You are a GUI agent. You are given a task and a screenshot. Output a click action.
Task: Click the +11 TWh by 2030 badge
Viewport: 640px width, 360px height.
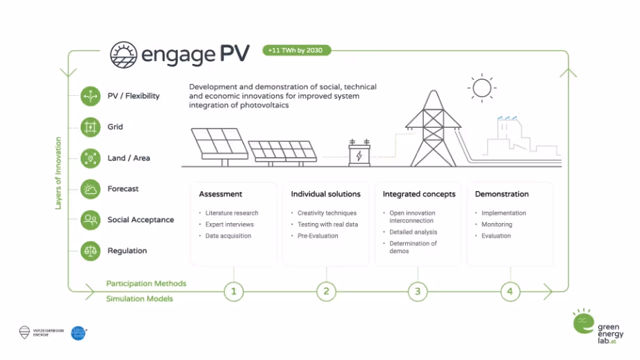(296, 51)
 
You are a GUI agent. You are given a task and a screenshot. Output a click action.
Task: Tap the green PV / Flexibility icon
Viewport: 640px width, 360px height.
(90, 96)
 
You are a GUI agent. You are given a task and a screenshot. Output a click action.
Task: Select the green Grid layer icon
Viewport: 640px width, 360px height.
(90, 127)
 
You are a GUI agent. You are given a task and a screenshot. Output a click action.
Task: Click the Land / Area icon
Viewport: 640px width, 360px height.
(90, 158)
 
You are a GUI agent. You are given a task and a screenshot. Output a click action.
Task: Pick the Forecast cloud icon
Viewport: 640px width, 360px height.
(90, 188)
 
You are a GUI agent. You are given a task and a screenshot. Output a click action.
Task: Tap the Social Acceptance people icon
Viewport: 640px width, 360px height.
(90, 220)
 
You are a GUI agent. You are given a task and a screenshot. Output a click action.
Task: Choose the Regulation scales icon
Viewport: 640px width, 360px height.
(90, 250)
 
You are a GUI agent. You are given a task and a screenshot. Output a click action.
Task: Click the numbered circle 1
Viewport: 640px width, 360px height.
(233, 291)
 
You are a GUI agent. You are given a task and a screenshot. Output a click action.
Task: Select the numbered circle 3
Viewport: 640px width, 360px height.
(418, 291)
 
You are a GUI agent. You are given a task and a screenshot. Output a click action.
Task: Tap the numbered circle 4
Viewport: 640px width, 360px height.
(509, 291)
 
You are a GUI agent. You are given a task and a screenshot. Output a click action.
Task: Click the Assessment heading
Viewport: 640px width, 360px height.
(220, 194)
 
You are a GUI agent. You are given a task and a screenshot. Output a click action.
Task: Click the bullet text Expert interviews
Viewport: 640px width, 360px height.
(229, 224)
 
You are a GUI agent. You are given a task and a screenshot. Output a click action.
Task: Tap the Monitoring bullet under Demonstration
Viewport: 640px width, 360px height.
(496, 224)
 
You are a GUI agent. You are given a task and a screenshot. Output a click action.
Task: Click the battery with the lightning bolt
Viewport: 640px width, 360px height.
(359, 153)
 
